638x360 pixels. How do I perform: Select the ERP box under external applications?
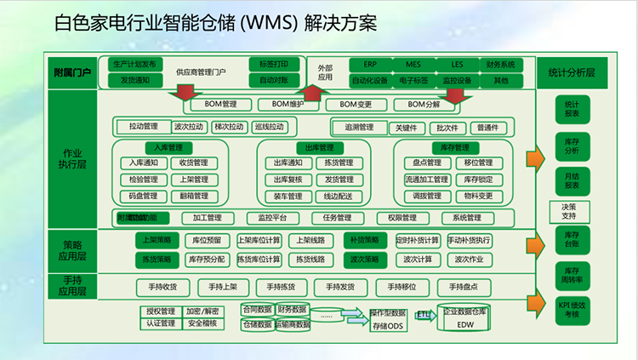tap(370, 65)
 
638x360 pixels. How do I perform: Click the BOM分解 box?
tap(424, 105)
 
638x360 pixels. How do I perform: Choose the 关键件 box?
tap(407, 128)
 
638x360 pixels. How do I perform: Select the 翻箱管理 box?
tap(188, 196)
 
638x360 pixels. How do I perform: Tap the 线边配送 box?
tap(339, 196)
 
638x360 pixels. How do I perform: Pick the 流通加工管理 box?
tap(426, 180)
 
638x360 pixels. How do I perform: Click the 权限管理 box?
tap(396, 217)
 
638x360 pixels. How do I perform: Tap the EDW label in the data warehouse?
tap(464, 325)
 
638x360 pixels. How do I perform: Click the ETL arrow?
tap(424, 314)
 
